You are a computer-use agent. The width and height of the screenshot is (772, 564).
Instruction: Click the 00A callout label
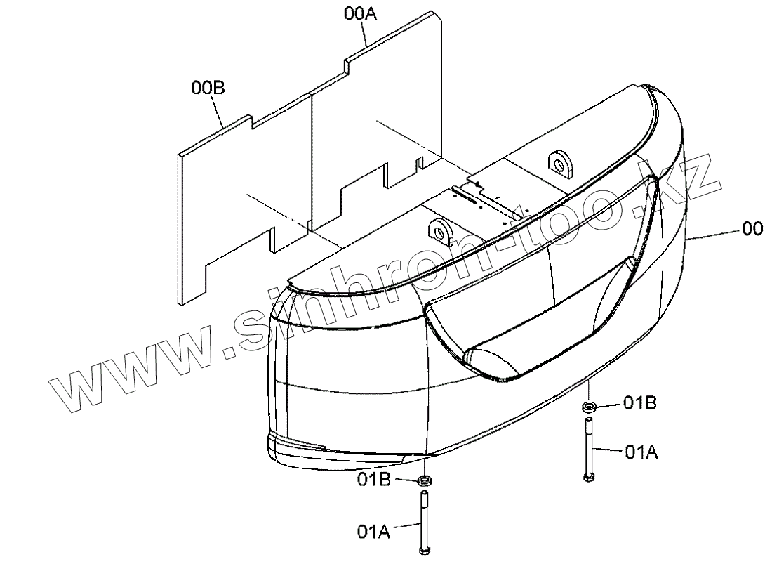pos(360,13)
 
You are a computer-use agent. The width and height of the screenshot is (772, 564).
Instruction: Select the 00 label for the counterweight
pos(752,229)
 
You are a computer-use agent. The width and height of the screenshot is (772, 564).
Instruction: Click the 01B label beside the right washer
pos(640,403)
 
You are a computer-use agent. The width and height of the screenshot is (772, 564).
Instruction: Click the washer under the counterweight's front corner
pos(425,480)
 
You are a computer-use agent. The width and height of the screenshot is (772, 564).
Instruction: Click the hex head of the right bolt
pos(587,478)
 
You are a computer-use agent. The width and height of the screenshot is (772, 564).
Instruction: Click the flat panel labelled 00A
pos(379,119)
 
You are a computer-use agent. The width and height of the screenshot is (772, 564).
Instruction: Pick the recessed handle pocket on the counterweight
pos(533,330)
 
